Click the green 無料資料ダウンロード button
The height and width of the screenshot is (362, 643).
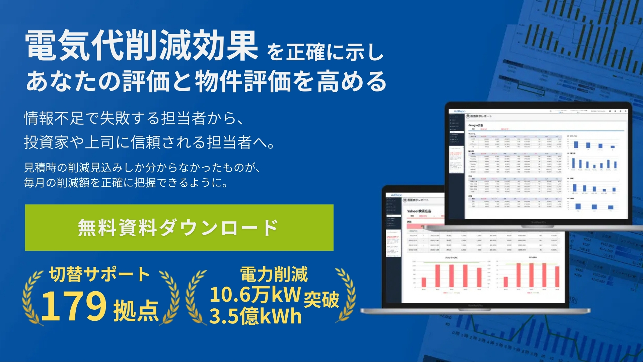click(x=179, y=228)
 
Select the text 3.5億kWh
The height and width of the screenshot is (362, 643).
click(x=255, y=316)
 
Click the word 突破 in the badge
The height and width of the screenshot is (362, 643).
click(x=321, y=299)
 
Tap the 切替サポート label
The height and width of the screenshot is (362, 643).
click(x=99, y=274)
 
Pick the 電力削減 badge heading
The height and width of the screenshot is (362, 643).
click(x=274, y=274)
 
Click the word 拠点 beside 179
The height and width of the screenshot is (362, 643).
click(x=136, y=310)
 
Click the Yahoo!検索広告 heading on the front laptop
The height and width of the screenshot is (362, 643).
click(x=419, y=211)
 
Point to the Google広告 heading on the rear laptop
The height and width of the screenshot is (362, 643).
click(x=476, y=125)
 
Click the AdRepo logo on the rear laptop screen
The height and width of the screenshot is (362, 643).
click(x=459, y=111)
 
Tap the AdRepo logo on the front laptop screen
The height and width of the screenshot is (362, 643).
click(x=396, y=195)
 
